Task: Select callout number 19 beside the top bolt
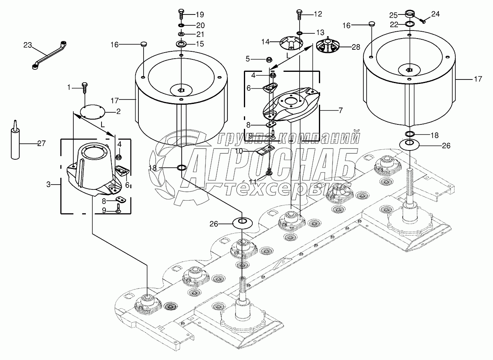click(200, 15)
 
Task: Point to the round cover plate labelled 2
click(92, 112)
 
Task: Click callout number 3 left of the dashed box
click(49, 185)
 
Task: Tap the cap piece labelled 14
click(291, 42)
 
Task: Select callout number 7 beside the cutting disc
click(341, 110)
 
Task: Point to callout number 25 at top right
click(394, 15)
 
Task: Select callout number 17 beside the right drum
click(478, 79)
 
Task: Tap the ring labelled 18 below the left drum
click(181, 167)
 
